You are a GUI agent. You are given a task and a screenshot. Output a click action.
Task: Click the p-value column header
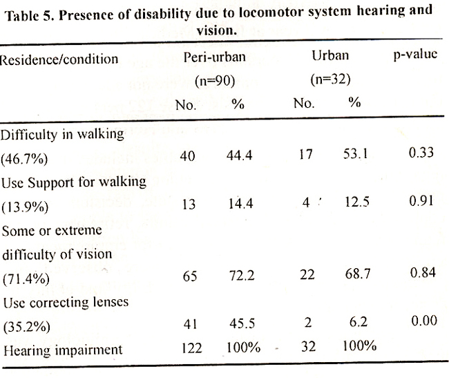coord(415,55)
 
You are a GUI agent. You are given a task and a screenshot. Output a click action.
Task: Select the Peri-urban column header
coord(214,57)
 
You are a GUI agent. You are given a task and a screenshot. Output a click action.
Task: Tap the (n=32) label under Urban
coord(331,79)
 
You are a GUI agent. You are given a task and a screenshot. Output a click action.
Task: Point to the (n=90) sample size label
coord(215,81)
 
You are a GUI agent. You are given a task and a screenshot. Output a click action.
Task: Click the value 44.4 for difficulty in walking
coord(240,155)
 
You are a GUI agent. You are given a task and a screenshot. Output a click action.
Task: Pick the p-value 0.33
coord(421,152)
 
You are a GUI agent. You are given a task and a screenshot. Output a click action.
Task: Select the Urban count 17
coord(305,154)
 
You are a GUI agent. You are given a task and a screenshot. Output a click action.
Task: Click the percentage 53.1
coord(355,154)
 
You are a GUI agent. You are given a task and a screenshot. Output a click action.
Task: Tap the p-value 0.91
coord(421,200)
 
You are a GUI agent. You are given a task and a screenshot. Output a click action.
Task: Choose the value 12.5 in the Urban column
coord(357,202)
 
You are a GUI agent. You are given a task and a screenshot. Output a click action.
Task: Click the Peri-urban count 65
coord(190,276)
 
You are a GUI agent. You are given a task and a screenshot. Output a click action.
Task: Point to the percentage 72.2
coord(242,276)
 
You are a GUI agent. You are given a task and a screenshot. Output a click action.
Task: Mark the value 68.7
coord(358,274)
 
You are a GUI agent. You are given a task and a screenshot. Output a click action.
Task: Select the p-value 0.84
coord(423,272)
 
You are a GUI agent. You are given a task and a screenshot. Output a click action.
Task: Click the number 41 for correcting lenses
coord(191,324)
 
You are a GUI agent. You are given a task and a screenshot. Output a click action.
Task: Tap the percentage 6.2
coord(359,322)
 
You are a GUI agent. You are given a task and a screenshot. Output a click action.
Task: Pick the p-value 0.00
coord(424,321)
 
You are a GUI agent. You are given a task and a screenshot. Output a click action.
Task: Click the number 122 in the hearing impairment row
coord(192,348)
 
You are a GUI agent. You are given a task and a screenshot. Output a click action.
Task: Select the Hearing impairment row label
coord(63,350)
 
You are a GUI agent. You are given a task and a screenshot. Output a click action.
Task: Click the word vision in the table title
coord(216,30)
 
